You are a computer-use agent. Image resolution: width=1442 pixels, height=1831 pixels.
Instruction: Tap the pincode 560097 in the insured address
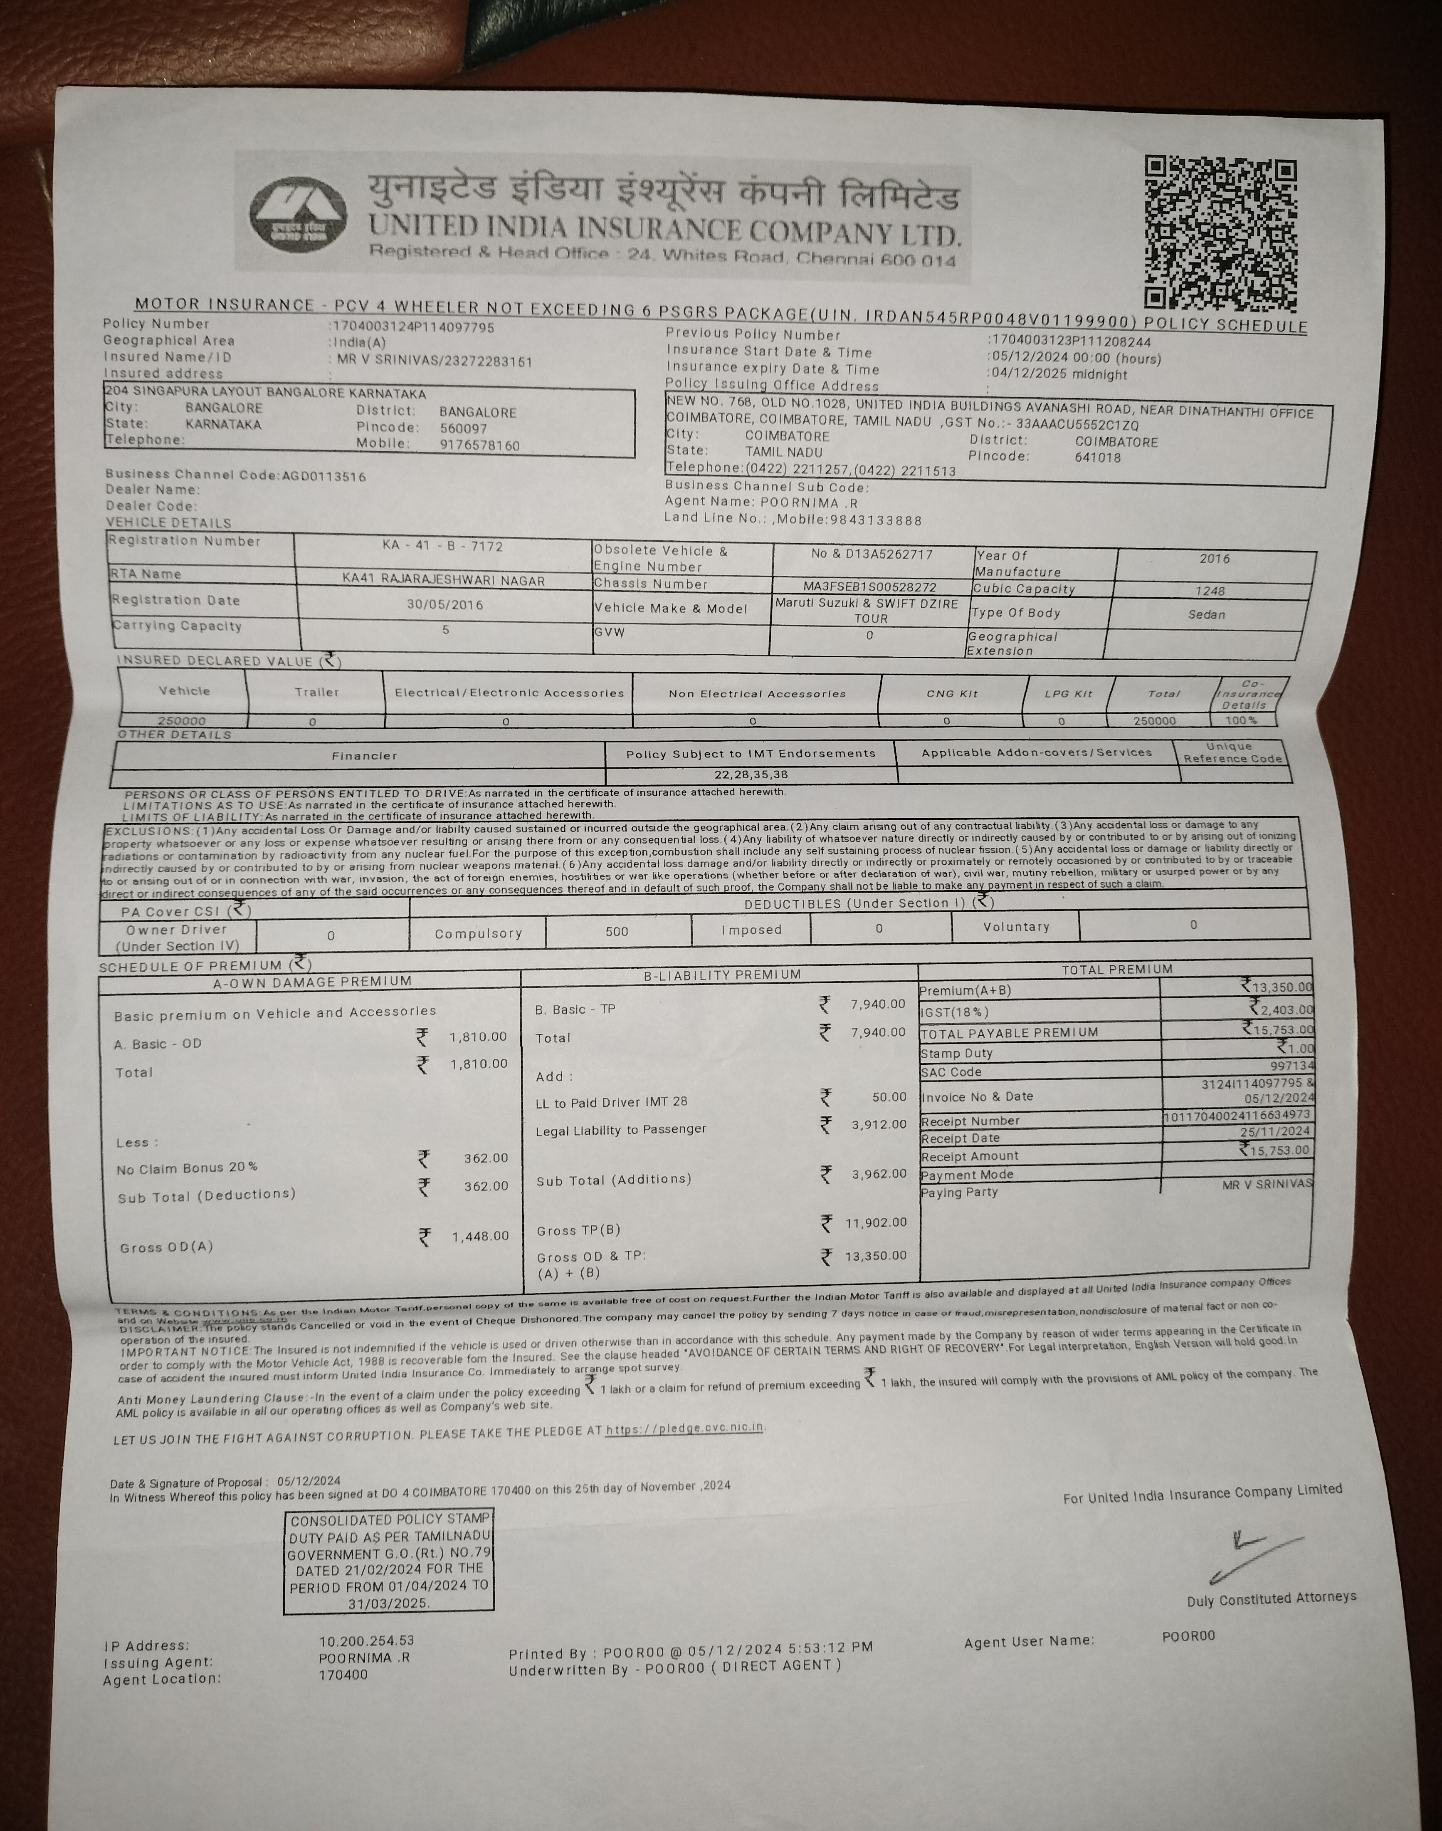pos(464,428)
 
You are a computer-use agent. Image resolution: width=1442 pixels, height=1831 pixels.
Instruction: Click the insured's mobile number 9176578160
pos(479,445)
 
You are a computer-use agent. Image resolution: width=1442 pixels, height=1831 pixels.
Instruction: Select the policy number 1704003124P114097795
pos(412,327)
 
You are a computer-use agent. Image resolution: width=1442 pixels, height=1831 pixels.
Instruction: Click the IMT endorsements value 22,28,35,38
pos(751,774)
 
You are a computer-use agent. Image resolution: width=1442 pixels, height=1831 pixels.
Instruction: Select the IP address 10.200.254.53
pos(366,1641)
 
